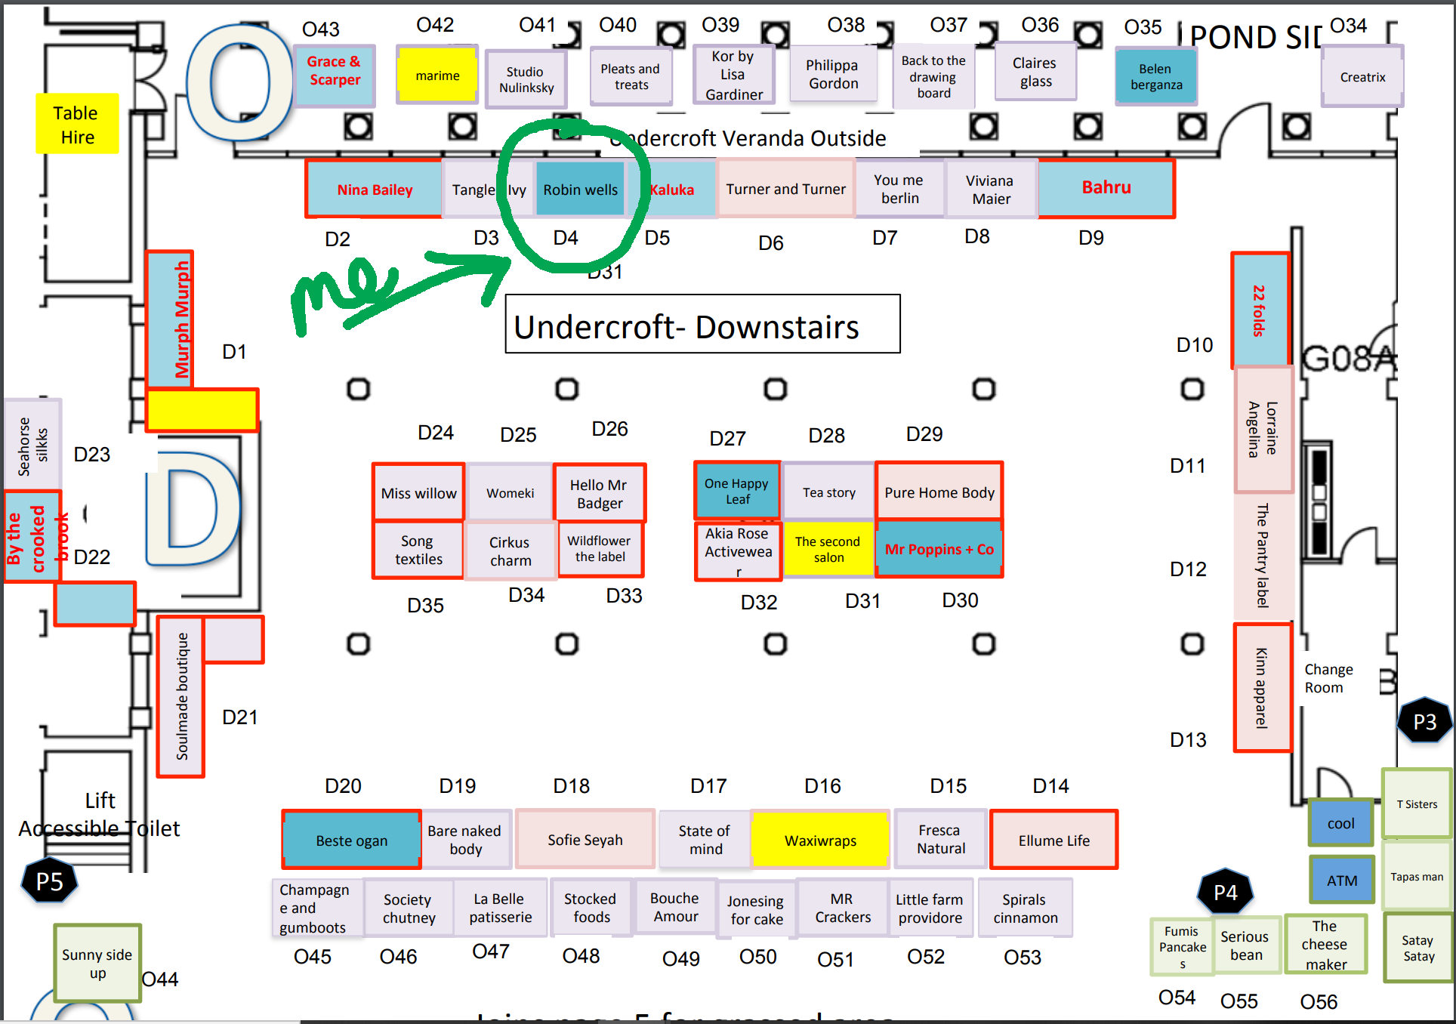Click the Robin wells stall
(x=580, y=190)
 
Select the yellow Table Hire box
(x=77, y=124)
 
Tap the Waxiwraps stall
(x=820, y=840)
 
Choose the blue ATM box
(x=1341, y=880)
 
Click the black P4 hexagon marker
(x=1225, y=893)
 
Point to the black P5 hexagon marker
(x=50, y=881)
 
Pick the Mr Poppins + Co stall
(x=939, y=549)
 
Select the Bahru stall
(x=1106, y=188)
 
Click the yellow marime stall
(x=437, y=75)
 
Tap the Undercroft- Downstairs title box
(x=702, y=325)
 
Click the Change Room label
(x=1328, y=678)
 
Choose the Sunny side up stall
(x=97, y=963)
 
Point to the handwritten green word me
(x=344, y=291)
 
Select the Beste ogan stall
(x=352, y=840)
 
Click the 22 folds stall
(x=1260, y=310)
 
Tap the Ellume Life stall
(x=1053, y=840)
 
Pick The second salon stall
(x=828, y=549)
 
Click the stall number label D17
(x=708, y=786)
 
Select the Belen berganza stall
(x=1155, y=76)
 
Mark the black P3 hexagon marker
(x=1424, y=721)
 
